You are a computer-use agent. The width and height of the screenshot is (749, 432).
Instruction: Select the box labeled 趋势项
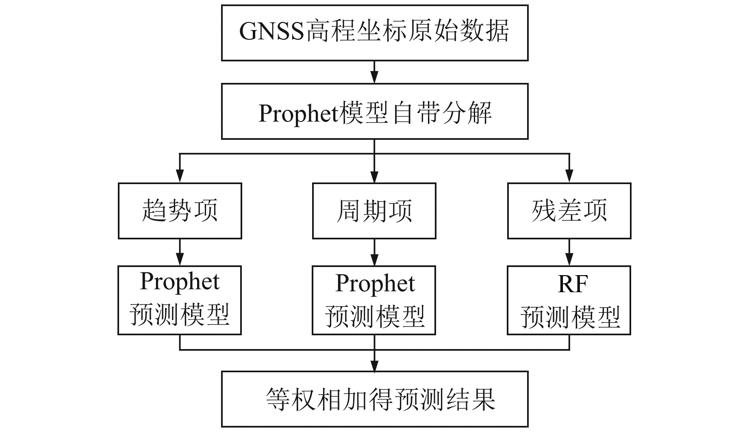180,211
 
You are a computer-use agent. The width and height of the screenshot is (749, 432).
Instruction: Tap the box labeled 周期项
374,211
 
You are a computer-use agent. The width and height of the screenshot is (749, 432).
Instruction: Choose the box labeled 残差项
569,211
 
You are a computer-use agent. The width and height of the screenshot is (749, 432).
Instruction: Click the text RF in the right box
573,284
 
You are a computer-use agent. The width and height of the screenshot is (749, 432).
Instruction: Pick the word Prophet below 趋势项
180,281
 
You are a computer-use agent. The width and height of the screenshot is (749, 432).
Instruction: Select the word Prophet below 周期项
375,283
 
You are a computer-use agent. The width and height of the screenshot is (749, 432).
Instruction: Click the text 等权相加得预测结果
380,399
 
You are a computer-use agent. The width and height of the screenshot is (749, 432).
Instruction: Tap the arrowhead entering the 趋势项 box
180,176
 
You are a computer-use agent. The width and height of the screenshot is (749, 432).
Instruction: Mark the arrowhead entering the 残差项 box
569,176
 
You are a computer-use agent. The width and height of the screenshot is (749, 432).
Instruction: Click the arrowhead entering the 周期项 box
374,176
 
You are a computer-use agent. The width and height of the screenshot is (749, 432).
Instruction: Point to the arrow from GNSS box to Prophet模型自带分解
374,72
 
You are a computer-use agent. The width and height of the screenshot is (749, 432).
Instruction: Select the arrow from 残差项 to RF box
569,252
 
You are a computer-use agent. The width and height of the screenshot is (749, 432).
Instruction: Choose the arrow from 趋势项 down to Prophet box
180,252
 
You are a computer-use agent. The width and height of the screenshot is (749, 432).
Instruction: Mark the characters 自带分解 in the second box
443,113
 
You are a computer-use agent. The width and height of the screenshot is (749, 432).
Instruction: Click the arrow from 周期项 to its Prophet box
374,252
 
